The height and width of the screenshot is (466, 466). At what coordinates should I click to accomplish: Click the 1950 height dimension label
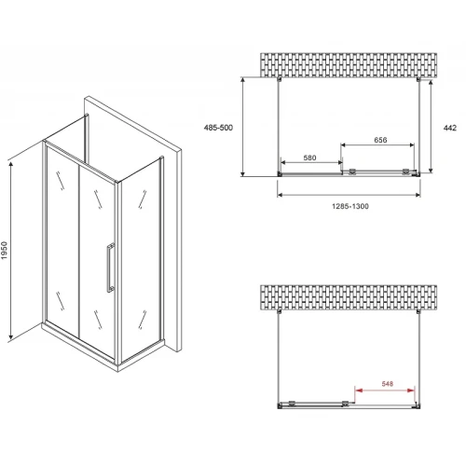(4, 251)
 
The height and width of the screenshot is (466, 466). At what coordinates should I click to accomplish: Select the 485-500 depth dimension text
(218, 128)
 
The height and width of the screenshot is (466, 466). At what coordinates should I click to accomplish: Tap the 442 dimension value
(450, 128)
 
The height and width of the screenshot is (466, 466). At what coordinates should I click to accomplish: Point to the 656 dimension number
(380, 140)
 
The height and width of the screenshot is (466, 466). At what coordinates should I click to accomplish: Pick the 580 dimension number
(309, 158)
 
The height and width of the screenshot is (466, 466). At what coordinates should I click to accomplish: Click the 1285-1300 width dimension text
(350, 206)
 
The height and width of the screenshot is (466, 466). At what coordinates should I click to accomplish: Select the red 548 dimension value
(388, 384)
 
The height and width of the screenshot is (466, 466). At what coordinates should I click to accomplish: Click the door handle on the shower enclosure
(111, 267)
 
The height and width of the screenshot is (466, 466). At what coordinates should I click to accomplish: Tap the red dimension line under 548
(385, 391)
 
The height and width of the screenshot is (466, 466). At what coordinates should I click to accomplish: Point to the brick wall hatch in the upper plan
(349, 65)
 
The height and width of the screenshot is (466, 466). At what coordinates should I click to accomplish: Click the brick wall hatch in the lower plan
(349, 297)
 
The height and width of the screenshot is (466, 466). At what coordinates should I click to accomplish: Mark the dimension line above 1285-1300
(349, 195)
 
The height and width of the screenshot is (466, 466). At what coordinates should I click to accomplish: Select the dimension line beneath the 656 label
(377, 144)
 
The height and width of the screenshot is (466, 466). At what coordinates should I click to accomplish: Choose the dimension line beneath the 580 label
(311, 162)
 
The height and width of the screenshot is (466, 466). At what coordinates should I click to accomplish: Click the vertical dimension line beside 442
(431, 127)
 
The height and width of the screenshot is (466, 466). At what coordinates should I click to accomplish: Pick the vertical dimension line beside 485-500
(243, 127)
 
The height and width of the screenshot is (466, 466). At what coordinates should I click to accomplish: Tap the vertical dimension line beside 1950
(11, 251)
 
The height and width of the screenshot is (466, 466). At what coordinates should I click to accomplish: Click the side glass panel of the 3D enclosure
(142, 258)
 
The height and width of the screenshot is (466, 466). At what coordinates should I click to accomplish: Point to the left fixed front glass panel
(62, 240)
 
